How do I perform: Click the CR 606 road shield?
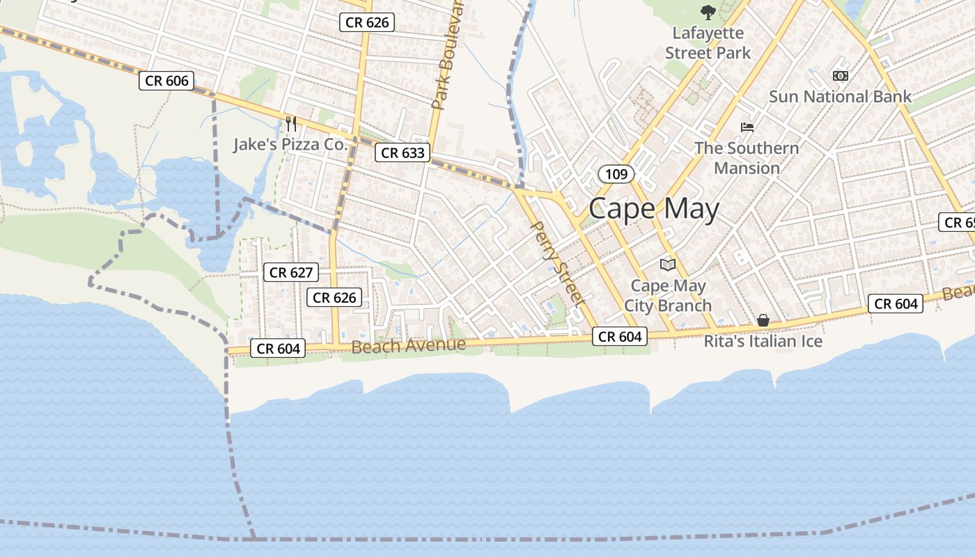click(166, 81)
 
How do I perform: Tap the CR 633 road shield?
click(403, 152)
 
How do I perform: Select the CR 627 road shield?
click(291, 272)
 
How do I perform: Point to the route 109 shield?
click(616, 174)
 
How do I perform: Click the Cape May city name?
click(653, 209)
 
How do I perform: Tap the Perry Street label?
click(555, 262)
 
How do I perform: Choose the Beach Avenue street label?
click(408, 345)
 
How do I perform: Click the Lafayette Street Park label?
click(708, 42)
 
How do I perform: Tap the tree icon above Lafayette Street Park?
click(708, 12)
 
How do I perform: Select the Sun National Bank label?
click(840, 97)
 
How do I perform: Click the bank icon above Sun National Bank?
click(841, 75)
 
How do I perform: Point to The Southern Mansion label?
click(747, 158)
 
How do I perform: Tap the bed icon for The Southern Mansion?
click(747, 127)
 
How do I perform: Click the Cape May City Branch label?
click(668, 295)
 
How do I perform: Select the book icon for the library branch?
click(668, 265)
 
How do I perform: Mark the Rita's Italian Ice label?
click(763, 341)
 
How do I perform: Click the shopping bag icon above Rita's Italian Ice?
click(763, 320)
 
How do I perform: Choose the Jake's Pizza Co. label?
click(290, 145)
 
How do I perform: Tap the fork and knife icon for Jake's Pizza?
click(291, 124)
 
